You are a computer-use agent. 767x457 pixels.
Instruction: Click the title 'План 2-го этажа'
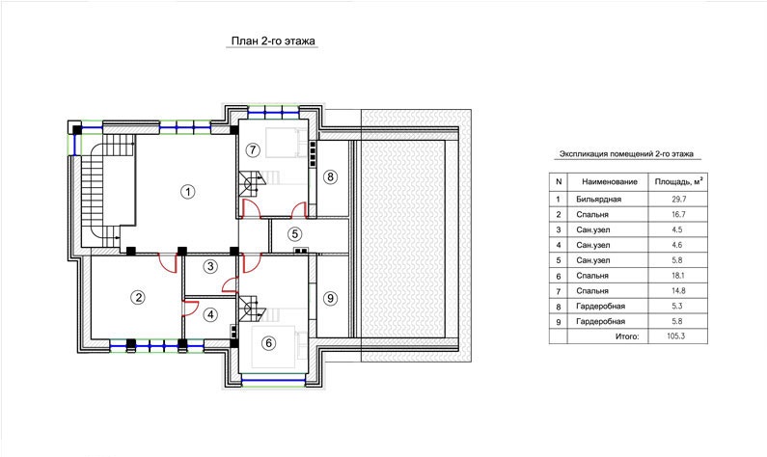[x=273, y=41]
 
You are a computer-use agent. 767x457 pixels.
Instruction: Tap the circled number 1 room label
[x=188, y=192]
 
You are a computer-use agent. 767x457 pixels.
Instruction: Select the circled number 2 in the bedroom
[x=138, y=297]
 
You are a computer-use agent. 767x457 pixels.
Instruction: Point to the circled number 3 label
[x=210, y=266]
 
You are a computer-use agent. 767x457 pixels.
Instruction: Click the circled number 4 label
[x=210, y=314]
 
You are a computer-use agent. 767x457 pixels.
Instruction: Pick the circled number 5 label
[x=294, y=234]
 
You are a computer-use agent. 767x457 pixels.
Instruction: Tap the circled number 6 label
[x=268, y=343]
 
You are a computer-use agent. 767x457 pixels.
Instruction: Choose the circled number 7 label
[x=253, y=149]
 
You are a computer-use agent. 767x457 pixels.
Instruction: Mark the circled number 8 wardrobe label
[x=330, y=176]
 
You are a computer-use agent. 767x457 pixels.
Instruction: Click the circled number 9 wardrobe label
[x=330, y=298]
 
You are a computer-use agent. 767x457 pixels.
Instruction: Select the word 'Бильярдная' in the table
[x=599, y=200]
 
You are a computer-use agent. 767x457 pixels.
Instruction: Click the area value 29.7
[x=678, y=200]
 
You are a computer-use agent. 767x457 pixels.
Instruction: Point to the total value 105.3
[x=675, y=336]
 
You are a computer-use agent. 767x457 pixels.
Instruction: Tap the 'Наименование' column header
[x=610, y=182]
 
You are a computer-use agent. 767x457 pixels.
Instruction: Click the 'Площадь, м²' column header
[x=678, y=181]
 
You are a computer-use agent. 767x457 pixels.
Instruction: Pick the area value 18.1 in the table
[x=678, y=276]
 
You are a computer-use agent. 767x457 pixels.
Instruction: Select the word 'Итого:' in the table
[x=627, y=336]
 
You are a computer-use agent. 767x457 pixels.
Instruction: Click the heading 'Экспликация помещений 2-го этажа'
[x=626, y=154]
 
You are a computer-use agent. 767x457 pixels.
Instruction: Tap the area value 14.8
[x=678, y=291]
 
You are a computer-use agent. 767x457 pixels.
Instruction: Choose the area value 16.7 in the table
[x=678, y=215]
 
